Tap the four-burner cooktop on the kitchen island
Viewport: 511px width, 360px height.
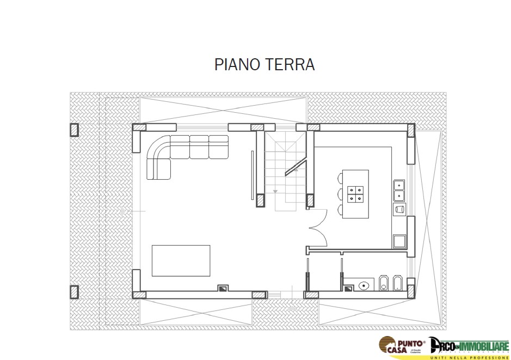pyautogui.click(x=358, y=194)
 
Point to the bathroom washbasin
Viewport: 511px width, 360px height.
pyautogui.click(x=364, y=284)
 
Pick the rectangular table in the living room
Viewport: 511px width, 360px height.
pyautogui.click(x=181, y=260)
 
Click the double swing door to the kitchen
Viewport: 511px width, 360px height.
pyautogui.click(x=318, y=228)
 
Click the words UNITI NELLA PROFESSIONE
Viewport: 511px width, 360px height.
pyautogui.click(x=469, y=357)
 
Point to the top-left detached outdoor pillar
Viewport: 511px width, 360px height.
pyautogui.click(x=74, y=130)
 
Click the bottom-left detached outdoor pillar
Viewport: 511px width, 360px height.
pyautogui.click(x=74, y=292)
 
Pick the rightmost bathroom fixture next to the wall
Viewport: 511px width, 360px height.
pyautogui.click(x=397, y=283)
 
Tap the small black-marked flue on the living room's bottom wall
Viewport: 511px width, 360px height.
pyautogui.click(x=222, y=289)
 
